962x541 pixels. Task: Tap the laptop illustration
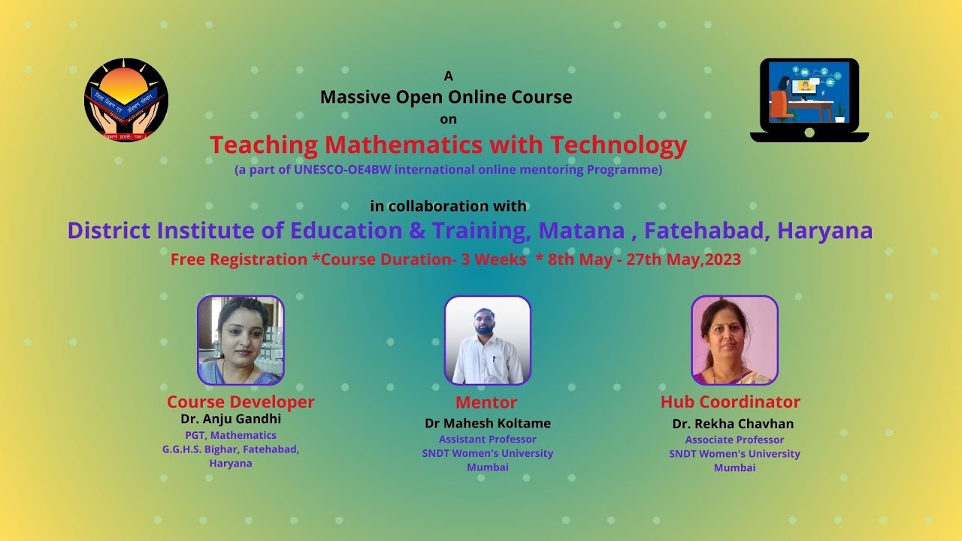809,100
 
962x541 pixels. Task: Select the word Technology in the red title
618,144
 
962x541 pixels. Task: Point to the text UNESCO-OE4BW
343,170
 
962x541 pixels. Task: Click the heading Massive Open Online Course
446,97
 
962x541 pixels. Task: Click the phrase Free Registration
239,260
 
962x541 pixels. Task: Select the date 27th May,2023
683,260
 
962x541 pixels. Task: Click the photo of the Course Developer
240,340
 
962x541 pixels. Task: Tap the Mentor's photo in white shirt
487,340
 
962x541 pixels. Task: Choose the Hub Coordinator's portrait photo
734,340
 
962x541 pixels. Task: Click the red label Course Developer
240,401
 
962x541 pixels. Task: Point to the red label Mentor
486,402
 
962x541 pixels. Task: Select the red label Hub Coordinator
730,402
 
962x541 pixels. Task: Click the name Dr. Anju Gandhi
231,419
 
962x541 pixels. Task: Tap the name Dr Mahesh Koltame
488,423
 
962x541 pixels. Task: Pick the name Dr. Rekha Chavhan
733,424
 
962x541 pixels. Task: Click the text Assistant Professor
487,440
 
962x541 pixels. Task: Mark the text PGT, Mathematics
231,436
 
